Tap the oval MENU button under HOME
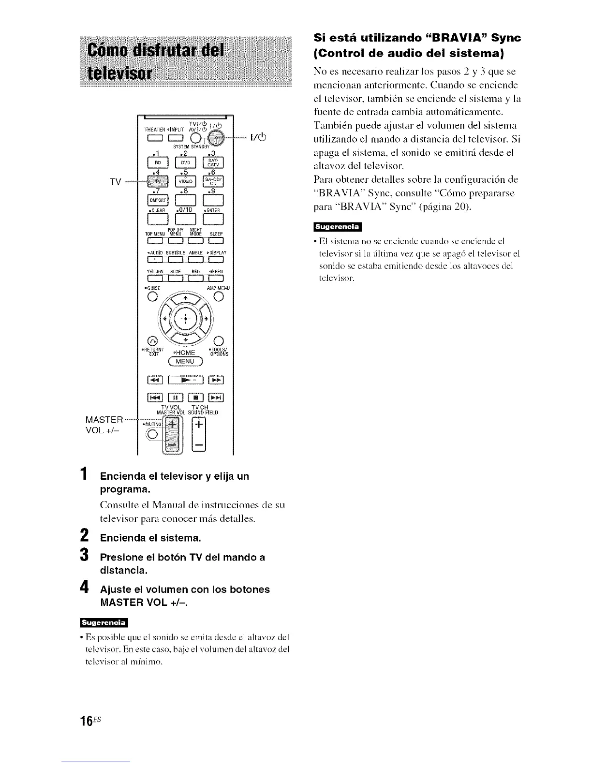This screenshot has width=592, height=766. tap(184, 361)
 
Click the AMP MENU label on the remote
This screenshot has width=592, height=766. tap(218, 288)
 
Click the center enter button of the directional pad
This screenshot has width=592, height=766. tap(184, 320)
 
